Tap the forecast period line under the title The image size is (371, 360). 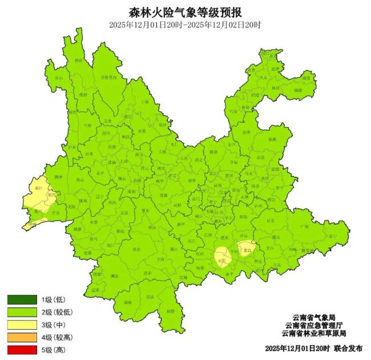click(185, 25)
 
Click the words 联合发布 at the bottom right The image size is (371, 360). click(348, 348)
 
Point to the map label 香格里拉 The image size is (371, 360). click(108, 77)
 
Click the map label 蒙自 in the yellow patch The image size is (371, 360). click(247, 250)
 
